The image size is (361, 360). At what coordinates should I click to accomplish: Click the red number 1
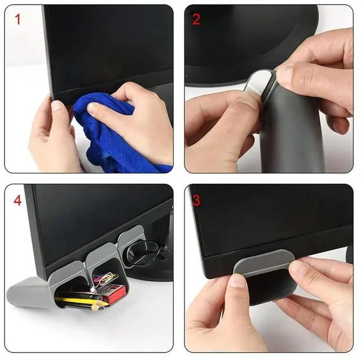tap(17, 20)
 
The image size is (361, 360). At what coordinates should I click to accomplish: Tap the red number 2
tap(196, 20)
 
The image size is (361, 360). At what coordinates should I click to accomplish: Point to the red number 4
tap(17, 200)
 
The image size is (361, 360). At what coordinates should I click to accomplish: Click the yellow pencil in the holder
tap(79, 301)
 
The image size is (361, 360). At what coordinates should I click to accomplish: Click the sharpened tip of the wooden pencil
tap(104, 306)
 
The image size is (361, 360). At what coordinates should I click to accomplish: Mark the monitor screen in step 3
tap(271, 220)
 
